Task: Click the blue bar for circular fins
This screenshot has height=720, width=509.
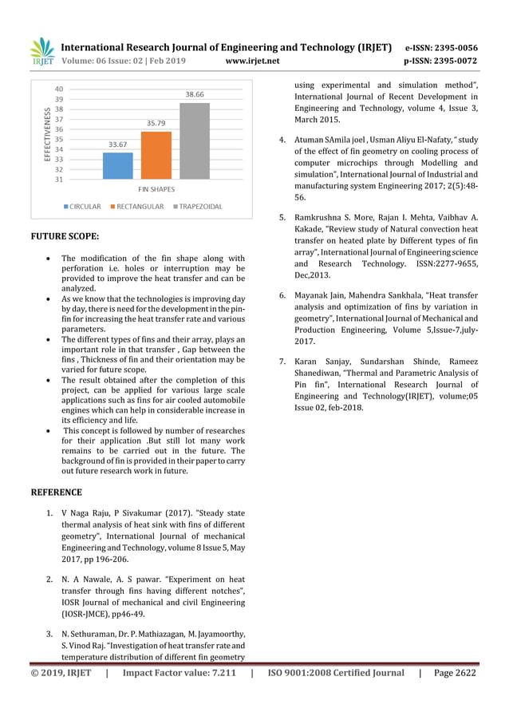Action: (x=117, y=165)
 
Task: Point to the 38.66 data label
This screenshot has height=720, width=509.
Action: (x=195, y=94)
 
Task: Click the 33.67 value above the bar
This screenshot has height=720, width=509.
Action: (x=118, y=144)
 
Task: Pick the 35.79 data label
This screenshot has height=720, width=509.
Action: (x=156, y=123)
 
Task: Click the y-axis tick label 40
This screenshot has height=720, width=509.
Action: (x=60, y=89)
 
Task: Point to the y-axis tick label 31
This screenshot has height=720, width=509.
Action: (x=60, y=180)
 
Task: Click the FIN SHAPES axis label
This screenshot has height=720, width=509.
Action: (x=156, y=189)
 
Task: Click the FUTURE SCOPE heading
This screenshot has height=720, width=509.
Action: (x=65, y=237)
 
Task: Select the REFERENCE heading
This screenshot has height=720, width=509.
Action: (x=56, y=493)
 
